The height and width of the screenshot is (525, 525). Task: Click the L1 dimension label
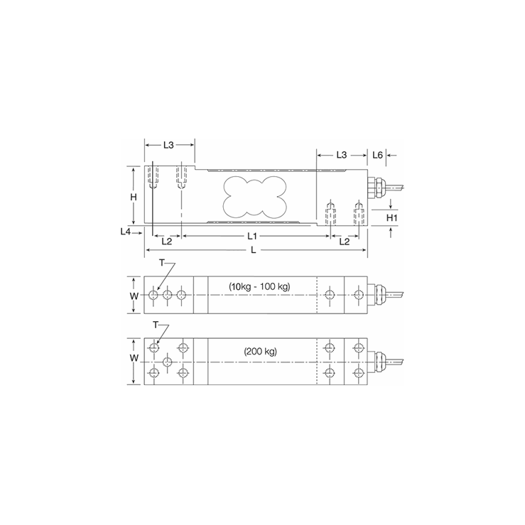click(251, 236)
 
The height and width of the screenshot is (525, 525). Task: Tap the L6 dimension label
click(378, 155)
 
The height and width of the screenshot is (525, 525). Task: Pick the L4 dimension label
click(126, 231)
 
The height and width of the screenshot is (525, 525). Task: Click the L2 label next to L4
click(166, 242)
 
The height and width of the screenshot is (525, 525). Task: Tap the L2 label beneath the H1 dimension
click(344, 242)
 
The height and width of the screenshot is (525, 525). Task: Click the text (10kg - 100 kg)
click(259, 286)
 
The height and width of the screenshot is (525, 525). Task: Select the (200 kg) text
click(259, 352)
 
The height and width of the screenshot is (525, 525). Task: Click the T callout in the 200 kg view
click(157, 325)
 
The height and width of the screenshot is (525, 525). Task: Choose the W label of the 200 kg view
click(133, 358)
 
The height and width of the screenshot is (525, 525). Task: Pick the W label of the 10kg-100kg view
click(133, 294)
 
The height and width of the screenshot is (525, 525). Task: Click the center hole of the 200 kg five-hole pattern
click(167, 361)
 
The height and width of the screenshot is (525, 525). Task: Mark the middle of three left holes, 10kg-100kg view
click(167, 295)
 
